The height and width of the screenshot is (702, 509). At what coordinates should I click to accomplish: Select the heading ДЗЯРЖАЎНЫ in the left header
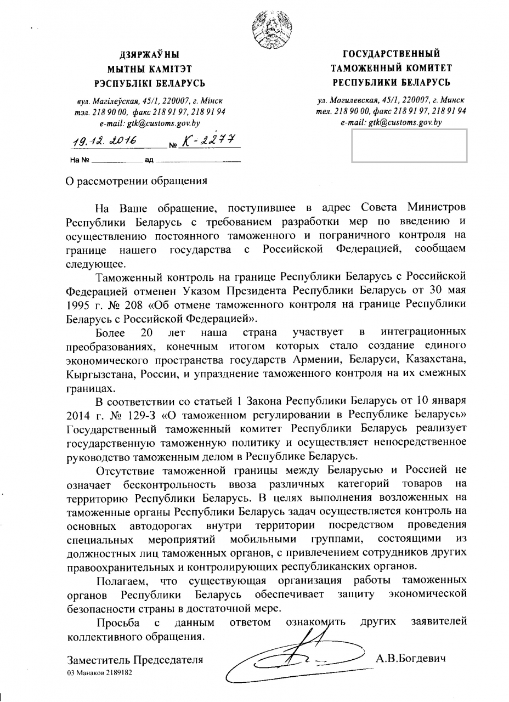(x=150, y=55)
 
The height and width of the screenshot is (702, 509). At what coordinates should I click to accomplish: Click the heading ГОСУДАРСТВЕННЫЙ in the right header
(x=392, y=54)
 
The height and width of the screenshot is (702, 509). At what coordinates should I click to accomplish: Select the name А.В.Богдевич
(x=411, y=658)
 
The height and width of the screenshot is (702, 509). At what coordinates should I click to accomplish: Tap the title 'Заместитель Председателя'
(x=135, y=660)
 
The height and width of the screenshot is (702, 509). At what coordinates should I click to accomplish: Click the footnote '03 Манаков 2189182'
(x=100, y=672)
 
